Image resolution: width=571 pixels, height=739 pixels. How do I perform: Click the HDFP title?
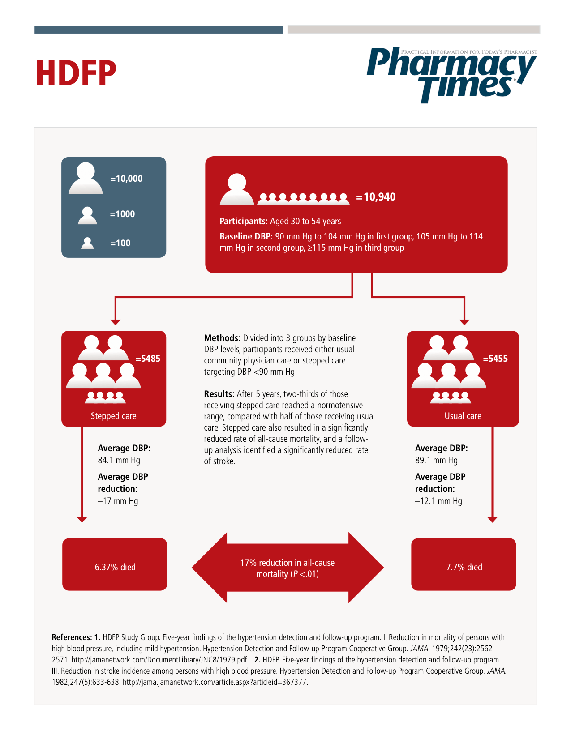76,73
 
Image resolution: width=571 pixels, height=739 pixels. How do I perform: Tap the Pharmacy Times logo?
451,75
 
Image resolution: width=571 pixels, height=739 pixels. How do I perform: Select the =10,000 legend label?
126,179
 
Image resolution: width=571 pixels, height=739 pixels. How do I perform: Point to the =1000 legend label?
122,214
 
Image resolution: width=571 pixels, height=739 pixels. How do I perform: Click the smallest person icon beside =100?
87,243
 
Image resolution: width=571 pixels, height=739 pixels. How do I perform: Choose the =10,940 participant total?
376,197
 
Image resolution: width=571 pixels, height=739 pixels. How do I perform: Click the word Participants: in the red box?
244,221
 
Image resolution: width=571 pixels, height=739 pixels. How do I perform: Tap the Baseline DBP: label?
246,236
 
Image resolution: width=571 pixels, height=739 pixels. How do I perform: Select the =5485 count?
148,359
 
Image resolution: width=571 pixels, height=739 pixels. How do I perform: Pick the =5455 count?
495,359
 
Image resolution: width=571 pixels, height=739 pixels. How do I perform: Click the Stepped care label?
114,416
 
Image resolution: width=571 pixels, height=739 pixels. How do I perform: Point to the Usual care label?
463,416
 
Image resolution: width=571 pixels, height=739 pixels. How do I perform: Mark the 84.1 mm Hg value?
119,460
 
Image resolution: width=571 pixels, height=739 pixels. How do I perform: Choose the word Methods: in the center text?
222,338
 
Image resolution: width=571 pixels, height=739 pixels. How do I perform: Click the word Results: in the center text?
219,394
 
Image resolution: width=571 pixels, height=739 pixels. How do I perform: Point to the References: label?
72,637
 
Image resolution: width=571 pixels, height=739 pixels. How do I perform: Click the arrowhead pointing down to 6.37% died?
82,519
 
